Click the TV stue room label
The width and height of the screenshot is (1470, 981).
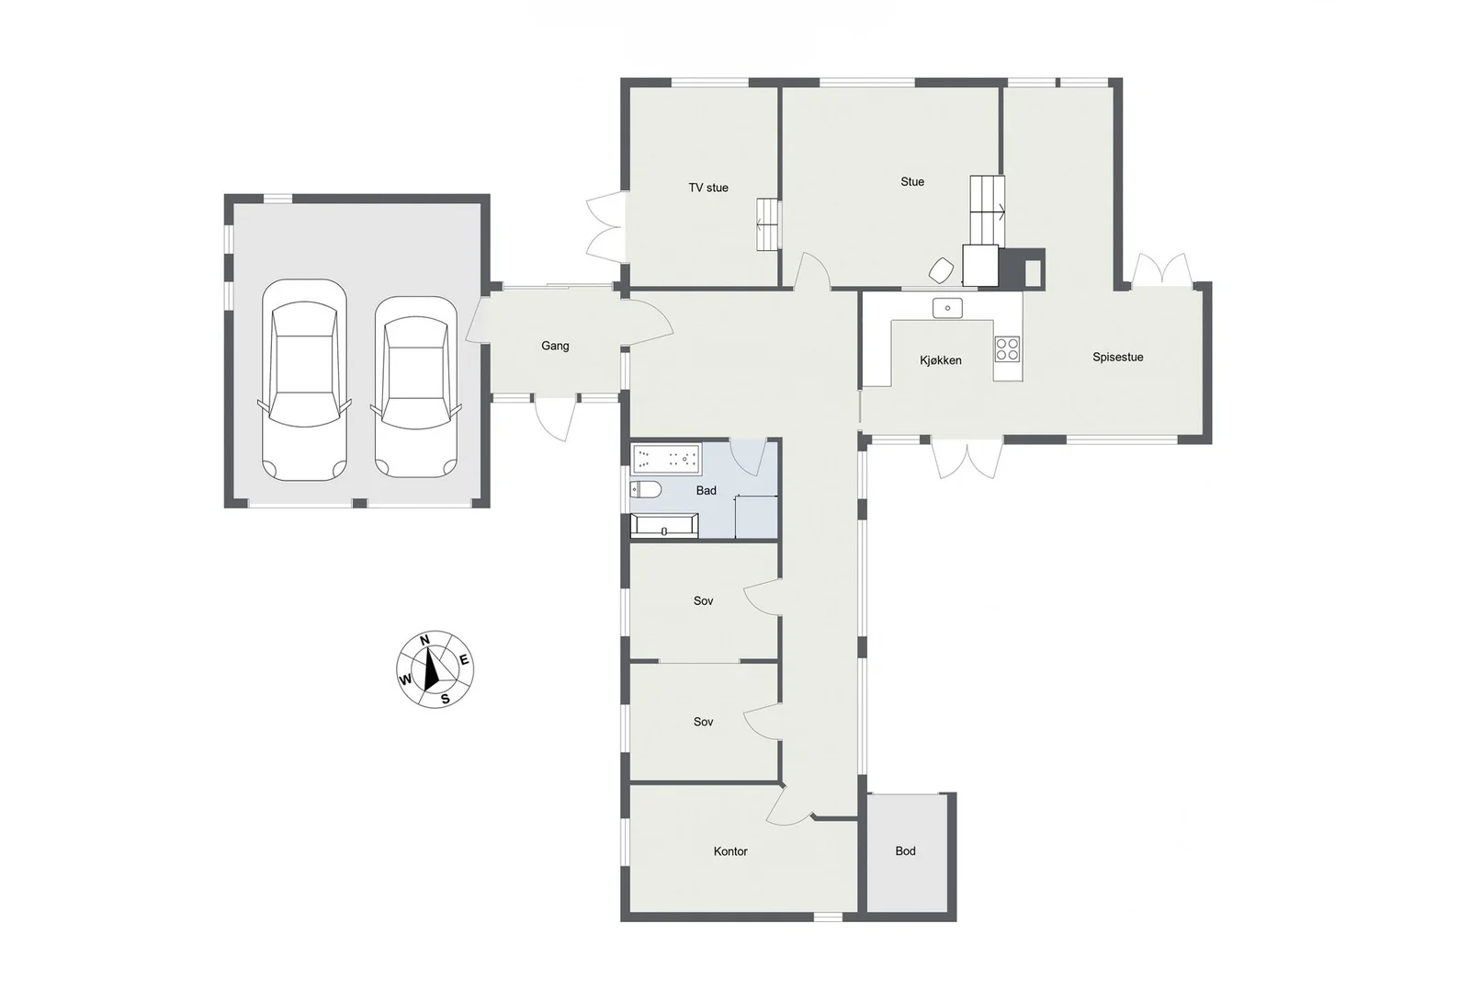pos(708,188)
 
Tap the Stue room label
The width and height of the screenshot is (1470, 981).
pos(912,182)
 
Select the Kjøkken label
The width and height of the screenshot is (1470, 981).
pos(941,360)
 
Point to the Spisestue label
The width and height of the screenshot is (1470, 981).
pos(1117,358)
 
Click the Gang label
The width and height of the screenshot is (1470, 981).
pos(555,346)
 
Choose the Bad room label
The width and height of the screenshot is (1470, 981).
pos(707,491)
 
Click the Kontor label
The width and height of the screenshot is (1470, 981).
pos(730,851)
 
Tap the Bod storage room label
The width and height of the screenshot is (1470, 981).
pos(906,851)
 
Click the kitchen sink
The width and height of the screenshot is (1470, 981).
pos(947,308)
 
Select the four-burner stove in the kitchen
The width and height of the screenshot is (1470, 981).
pos(1007,349)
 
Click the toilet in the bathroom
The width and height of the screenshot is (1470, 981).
pos(646,490)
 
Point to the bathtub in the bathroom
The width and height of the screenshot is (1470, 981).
pos(666,459)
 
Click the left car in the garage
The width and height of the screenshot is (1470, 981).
pos(304,381)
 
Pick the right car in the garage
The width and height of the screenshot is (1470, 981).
pos(416,387)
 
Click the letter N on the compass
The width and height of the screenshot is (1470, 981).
pos(424,640)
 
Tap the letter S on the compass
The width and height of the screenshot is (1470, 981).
pos(445,699)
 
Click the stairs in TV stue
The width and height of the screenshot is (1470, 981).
pos(768,224)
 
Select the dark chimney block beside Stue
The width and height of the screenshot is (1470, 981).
pos(1022,268)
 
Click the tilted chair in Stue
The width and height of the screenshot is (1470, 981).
pos(942,270)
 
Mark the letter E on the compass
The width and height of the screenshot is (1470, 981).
pos(464,660)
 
